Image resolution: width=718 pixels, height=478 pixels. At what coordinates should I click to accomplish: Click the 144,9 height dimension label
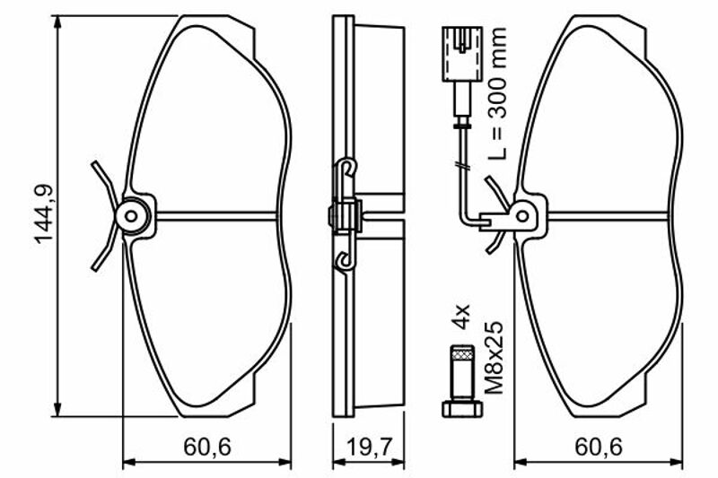[x=44, y=213]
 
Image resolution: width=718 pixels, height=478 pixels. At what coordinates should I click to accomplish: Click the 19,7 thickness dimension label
[x=369, y=448]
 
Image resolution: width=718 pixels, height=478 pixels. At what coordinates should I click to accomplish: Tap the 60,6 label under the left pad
[x=207, y=448]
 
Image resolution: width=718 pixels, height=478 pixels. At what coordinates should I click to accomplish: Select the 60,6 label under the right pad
[x=599, y=448]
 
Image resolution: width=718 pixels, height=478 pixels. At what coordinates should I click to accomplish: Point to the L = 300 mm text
[x=497, y=93]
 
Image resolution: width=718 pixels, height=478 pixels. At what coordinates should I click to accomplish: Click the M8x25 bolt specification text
[x=494, y=358]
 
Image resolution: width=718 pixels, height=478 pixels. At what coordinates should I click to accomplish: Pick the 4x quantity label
[x=461, y=317]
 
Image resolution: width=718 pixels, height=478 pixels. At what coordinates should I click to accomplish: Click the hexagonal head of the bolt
[x=462, y=408]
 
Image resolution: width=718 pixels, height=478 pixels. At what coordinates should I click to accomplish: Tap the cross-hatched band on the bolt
[x=462, y=353]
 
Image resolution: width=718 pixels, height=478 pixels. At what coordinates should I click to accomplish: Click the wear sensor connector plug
[x=462, y=54]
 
